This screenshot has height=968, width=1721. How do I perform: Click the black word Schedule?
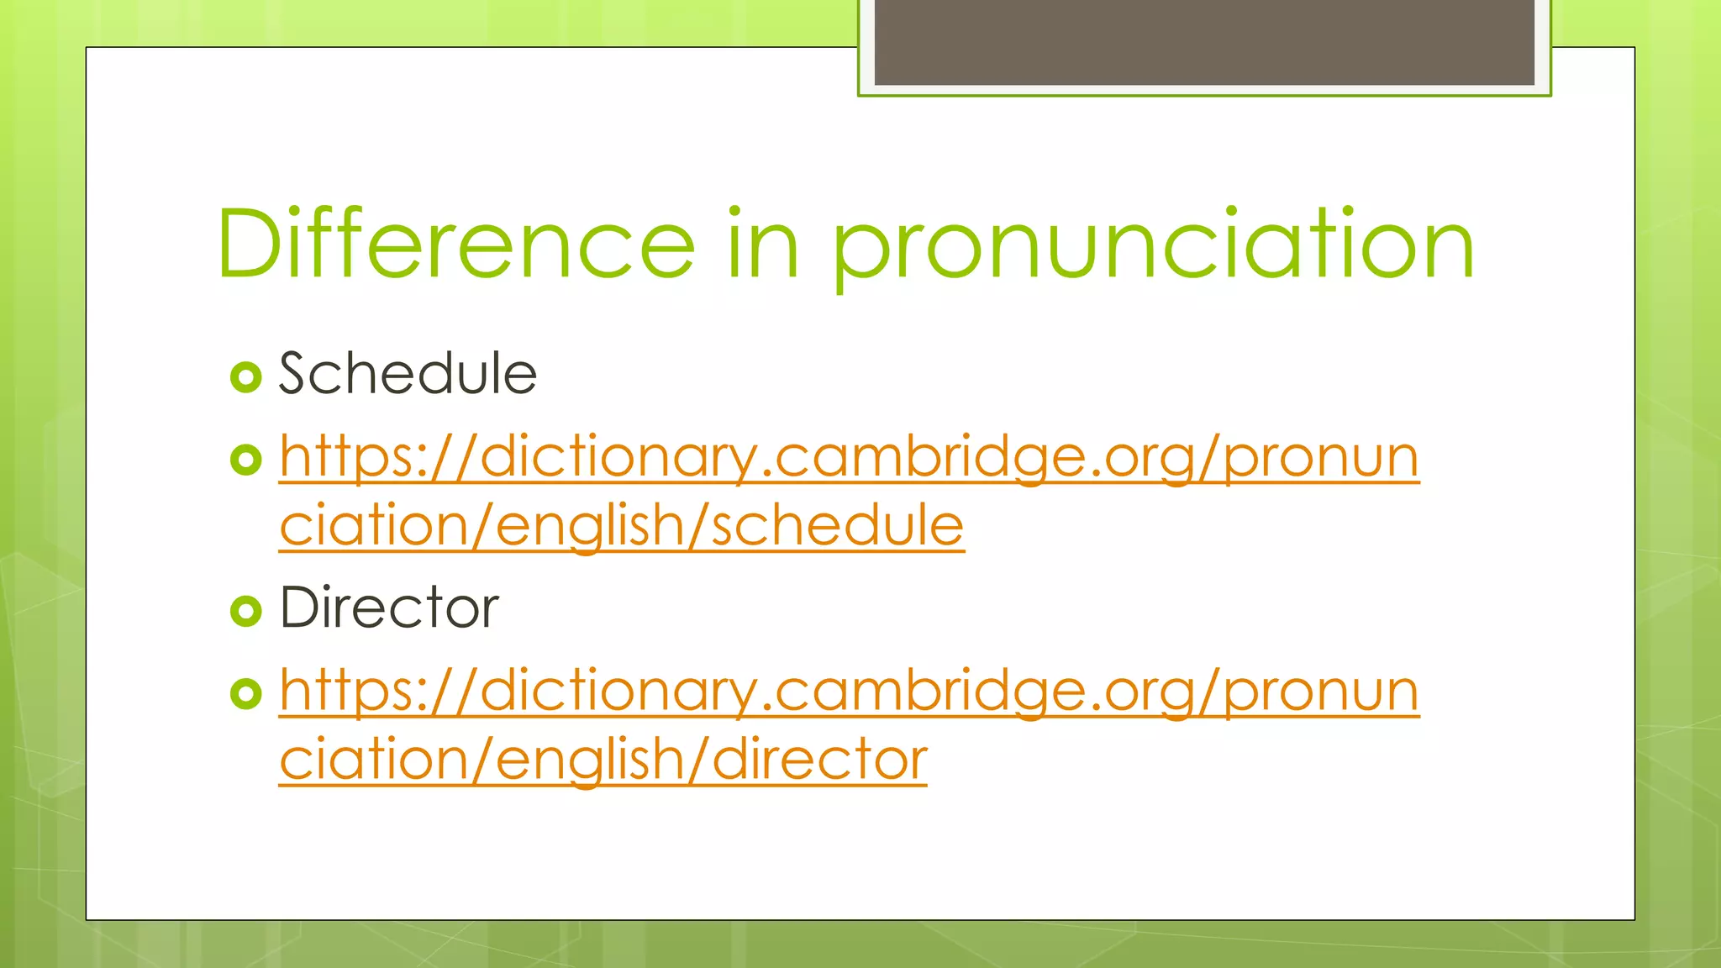408,374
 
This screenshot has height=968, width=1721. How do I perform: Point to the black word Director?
389,608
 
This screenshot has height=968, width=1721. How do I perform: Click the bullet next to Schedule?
245,377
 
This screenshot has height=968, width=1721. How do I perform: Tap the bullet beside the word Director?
245,611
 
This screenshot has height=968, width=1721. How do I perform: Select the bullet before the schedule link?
245,460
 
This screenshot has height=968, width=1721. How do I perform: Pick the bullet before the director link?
245,693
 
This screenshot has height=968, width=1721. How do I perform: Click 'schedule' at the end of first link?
837,526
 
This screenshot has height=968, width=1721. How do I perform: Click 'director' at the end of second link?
819,760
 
